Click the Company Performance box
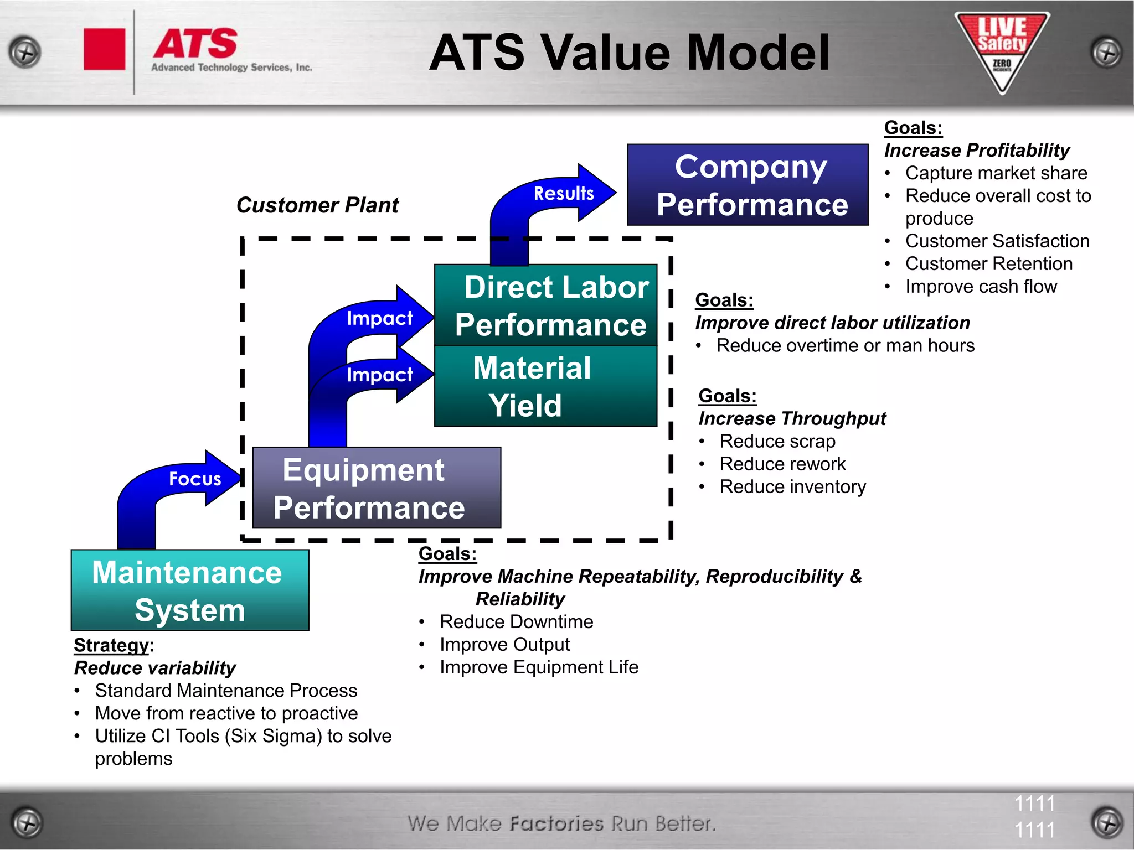748,185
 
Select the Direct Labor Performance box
545,305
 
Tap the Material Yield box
545,386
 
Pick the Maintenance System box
190,590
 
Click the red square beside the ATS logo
104,50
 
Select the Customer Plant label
317,205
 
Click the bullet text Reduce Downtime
516,622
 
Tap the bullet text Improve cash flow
981,287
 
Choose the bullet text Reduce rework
782,464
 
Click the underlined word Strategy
111,645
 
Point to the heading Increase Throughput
792,419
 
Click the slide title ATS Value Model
629,53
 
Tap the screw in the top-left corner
25,53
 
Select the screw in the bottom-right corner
1107,823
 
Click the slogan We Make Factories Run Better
561,823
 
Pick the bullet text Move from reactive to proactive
226,713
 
